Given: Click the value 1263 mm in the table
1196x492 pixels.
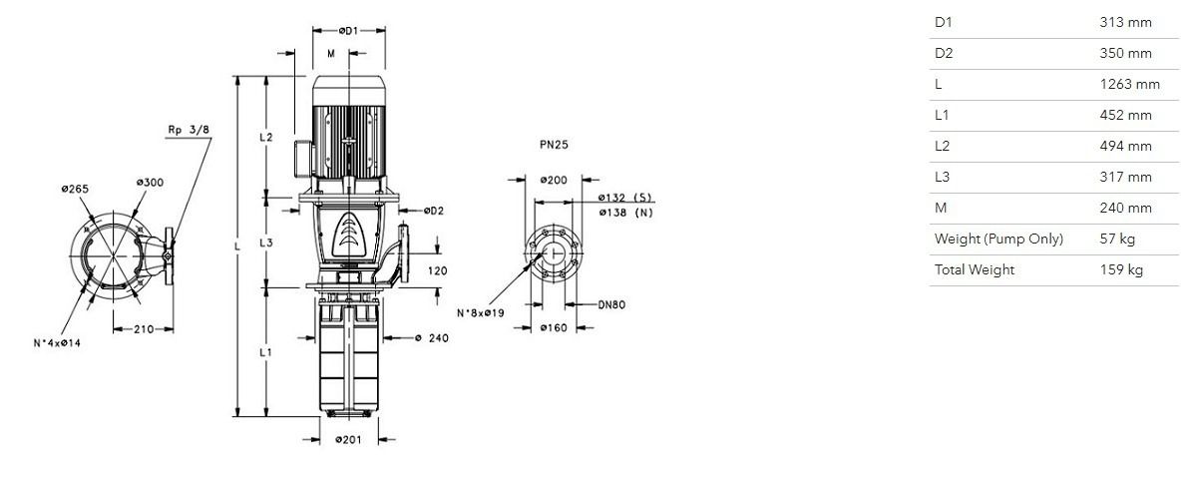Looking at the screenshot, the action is pyautogui.click(x=1129, y=85).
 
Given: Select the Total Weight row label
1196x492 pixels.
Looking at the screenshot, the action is pyautogui.click(x=975, y=270).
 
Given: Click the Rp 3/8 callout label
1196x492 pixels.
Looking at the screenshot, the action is pyautogui.click(x=188, y=131).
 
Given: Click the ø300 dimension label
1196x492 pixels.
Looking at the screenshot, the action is pyautogui.click(x=150, y=183).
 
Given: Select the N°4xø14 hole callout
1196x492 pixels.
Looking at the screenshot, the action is pyautogui.click(x=57, y=343).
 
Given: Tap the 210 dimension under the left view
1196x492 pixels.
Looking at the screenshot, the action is pyautogui.click(x=144, y=329).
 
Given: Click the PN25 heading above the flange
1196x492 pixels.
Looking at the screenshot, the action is pyautogui.click(x=554, y=144).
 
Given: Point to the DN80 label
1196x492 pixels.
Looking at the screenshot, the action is pyautogui.click(x=610, y=305).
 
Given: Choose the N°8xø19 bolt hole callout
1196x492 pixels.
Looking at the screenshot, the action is pyautogui.click(x=481, y=312).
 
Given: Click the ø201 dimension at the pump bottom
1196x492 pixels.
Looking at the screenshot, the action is pyautogui.click(x=348, y=440).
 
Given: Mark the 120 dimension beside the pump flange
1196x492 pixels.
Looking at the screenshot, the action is pyautogui.click(x=437, y=270).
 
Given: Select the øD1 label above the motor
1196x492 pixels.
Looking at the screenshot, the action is pyautogui.click(x=348, y=31).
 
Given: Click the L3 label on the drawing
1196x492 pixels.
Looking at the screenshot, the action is pyautogui.click(x=266, y=244).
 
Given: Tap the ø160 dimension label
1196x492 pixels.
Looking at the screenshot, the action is pyautogui.click(x=554, y=328).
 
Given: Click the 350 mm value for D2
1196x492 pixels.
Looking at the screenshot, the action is pyautogui.click(x=1126, y=54).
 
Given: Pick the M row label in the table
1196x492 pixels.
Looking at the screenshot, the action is pyautogui.click(x=941, y=209).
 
